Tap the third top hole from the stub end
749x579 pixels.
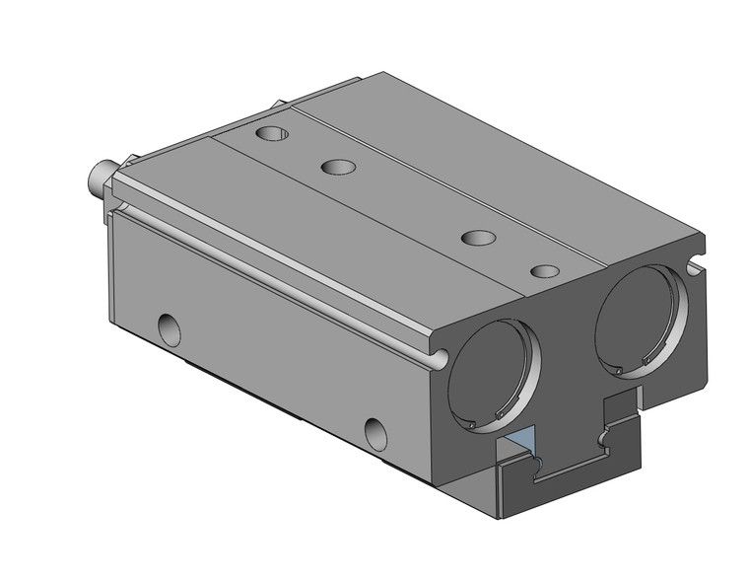pyautogui.click(x=478, y=238)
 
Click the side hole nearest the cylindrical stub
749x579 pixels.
pyautogui.click(x=170, y=328)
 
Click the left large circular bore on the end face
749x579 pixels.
pyautogui.click(x=493, y=375)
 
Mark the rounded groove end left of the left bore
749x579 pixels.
pyautogui.click(x=439, y=357)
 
